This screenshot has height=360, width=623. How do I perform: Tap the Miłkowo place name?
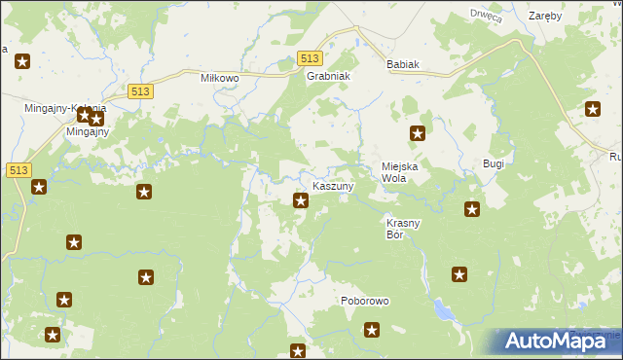pyautogui.click(x=220, y=77)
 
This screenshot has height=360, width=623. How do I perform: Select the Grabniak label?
pyautogui.click(x=328, y=76)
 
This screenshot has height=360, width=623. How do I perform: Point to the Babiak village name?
pyautogui.click(x=402, y=64)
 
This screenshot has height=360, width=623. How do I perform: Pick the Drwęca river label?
pyautogui.click(x=485, y=15)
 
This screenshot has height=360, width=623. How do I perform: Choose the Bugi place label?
pyautogui.click(x=494, y=164)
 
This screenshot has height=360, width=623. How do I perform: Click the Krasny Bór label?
pyautogui.click(x=403, y=229)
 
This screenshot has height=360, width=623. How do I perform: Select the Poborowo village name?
pyautogui.click(x=365, y=301)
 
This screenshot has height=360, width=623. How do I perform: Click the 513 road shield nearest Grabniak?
pyautogui.click(x=310, y=59)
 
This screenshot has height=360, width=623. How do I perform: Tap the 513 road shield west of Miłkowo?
pyautogui.click(x=138, y=90)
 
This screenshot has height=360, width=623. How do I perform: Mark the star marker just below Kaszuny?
pyautogui.click(x=301, y=201)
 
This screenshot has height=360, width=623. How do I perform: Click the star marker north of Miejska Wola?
pyautogui.click(x=418, y=134)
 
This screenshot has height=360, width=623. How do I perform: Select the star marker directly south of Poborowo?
pyautogui.click(x=371, y=331)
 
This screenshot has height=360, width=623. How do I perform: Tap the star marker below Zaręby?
pyautogui.click(x=593, y=109)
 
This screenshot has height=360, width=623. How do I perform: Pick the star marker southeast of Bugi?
pyautogui.click(x=472, y=208)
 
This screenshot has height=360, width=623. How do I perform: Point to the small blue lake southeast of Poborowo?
pyautogui.click(x=444, y=310)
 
